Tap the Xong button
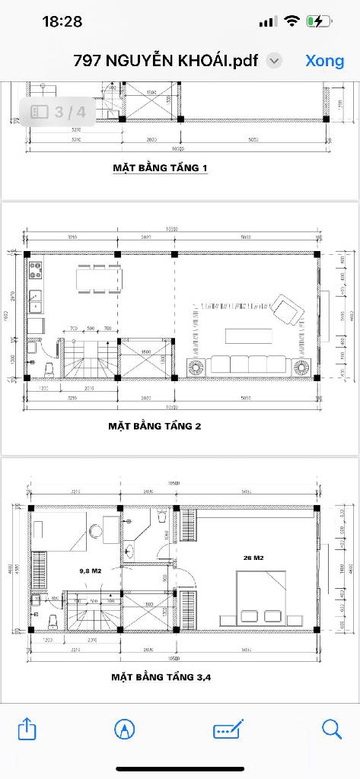pos(325,61)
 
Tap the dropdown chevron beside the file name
pos(275,61)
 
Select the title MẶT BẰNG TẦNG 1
pos(160,167)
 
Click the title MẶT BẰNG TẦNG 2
pos(155,426)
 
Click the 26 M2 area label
pos(253,558)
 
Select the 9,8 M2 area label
pos(91,570)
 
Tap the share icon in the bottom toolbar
pos(27,730)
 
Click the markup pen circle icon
pos(125,730)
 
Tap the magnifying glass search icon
pos(332,730)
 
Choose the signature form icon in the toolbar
pos(228,730)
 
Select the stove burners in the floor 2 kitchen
pos(35,269)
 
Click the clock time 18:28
pos(62,22)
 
